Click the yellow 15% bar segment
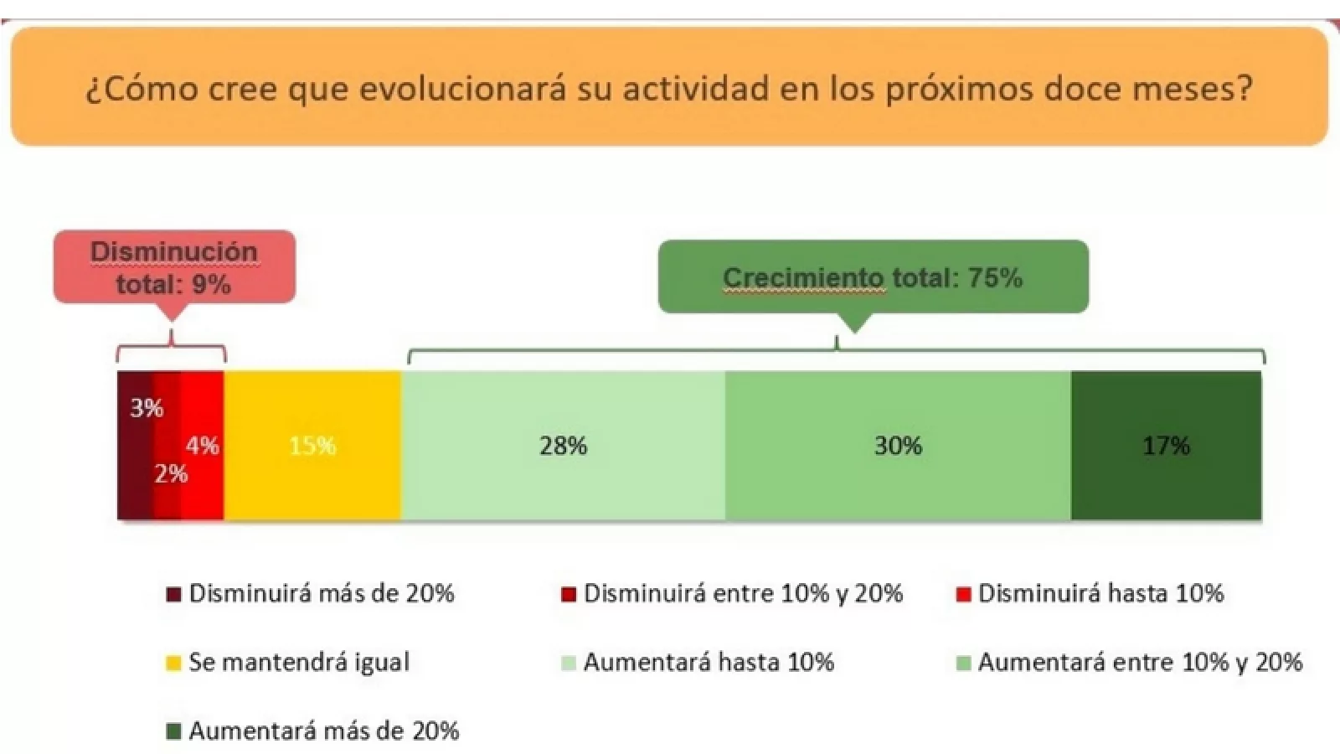click(x=312, y=445)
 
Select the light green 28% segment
click(x=563, y=445)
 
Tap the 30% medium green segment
click(x=898, y=445)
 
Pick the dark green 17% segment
click(x=1166, y=445)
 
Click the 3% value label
click(x=147, y=408)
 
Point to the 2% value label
click(x=171, y=474)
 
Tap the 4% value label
click(x=203, y=445)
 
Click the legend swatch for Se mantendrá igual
click(x=173, y=664)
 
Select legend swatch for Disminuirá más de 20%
click(x=173, y=595)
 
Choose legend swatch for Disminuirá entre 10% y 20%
click(x=569, y=595)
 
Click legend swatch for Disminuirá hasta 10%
click(x=963, y=595)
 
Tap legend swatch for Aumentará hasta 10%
click(x=569, y=664)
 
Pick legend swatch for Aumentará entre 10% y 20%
click(x=963, y=664)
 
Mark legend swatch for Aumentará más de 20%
click(x=173, y=732)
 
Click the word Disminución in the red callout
click(x=174, y=251)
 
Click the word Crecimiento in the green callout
click(x=802, y=277)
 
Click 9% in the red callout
click(x=211, y=285)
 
